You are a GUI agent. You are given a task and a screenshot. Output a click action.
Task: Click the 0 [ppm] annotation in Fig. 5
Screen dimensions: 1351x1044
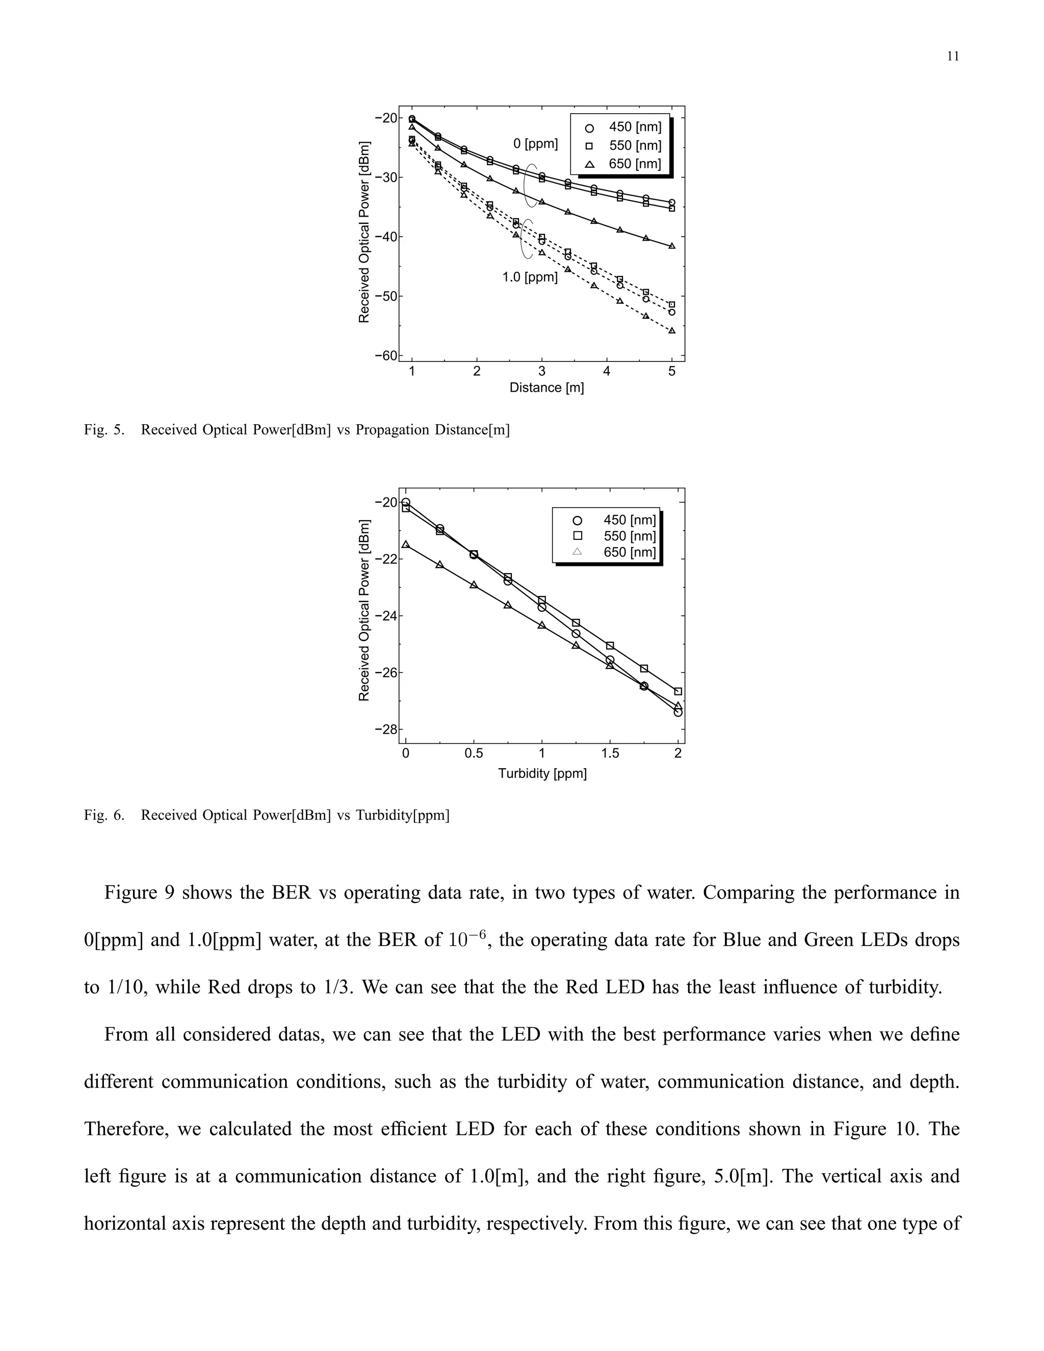(x=536, y=144)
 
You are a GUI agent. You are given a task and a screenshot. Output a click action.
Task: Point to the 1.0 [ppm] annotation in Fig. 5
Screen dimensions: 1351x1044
(x=530, y=277)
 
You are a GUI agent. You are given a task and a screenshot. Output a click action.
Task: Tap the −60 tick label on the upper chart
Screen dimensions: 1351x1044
(x=386, y=355)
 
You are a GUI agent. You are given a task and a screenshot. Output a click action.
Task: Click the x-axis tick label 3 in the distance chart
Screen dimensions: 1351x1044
(x=542, y=372)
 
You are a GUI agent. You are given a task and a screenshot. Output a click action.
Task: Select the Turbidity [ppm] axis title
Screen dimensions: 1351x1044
(x=542, y=773)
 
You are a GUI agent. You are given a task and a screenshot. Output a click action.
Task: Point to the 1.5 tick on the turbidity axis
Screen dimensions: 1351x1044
(x=610, y=754)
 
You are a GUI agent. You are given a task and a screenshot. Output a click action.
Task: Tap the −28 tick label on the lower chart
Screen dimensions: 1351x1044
(x=386, y=730)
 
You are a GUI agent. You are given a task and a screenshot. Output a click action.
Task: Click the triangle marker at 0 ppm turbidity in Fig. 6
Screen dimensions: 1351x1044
(x=406, y=544)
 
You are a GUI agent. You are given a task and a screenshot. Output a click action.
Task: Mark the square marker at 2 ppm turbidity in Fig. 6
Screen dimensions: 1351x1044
(x=678, y=691)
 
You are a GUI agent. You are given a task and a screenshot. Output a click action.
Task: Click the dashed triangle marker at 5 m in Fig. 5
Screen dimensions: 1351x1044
(x=672, y=330)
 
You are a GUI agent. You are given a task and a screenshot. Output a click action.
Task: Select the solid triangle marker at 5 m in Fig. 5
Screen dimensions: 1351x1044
(x=672, y=246)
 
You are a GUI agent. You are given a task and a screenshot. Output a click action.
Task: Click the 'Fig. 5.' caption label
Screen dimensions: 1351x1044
(x=104, y=430)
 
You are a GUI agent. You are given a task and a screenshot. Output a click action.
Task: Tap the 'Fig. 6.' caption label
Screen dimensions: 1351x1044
(x=104, y=815)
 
